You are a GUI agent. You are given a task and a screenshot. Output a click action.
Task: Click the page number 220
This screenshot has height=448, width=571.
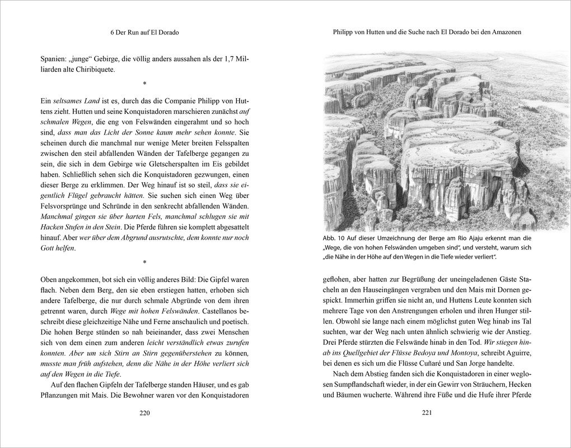point(144,414)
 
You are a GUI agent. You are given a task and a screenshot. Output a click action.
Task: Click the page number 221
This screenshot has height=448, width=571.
point(427,414)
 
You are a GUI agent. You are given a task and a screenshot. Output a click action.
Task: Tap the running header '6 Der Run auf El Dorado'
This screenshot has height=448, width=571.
point(144,33)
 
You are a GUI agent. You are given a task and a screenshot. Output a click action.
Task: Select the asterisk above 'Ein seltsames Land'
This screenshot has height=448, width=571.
point(144,85)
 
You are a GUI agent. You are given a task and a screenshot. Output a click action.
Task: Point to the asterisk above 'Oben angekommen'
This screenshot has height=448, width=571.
point(144,262)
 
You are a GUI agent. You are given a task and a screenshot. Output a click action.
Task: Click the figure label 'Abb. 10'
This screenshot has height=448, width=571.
point(335,238)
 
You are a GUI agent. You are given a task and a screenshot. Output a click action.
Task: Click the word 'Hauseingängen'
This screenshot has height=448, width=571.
point(395,289)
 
